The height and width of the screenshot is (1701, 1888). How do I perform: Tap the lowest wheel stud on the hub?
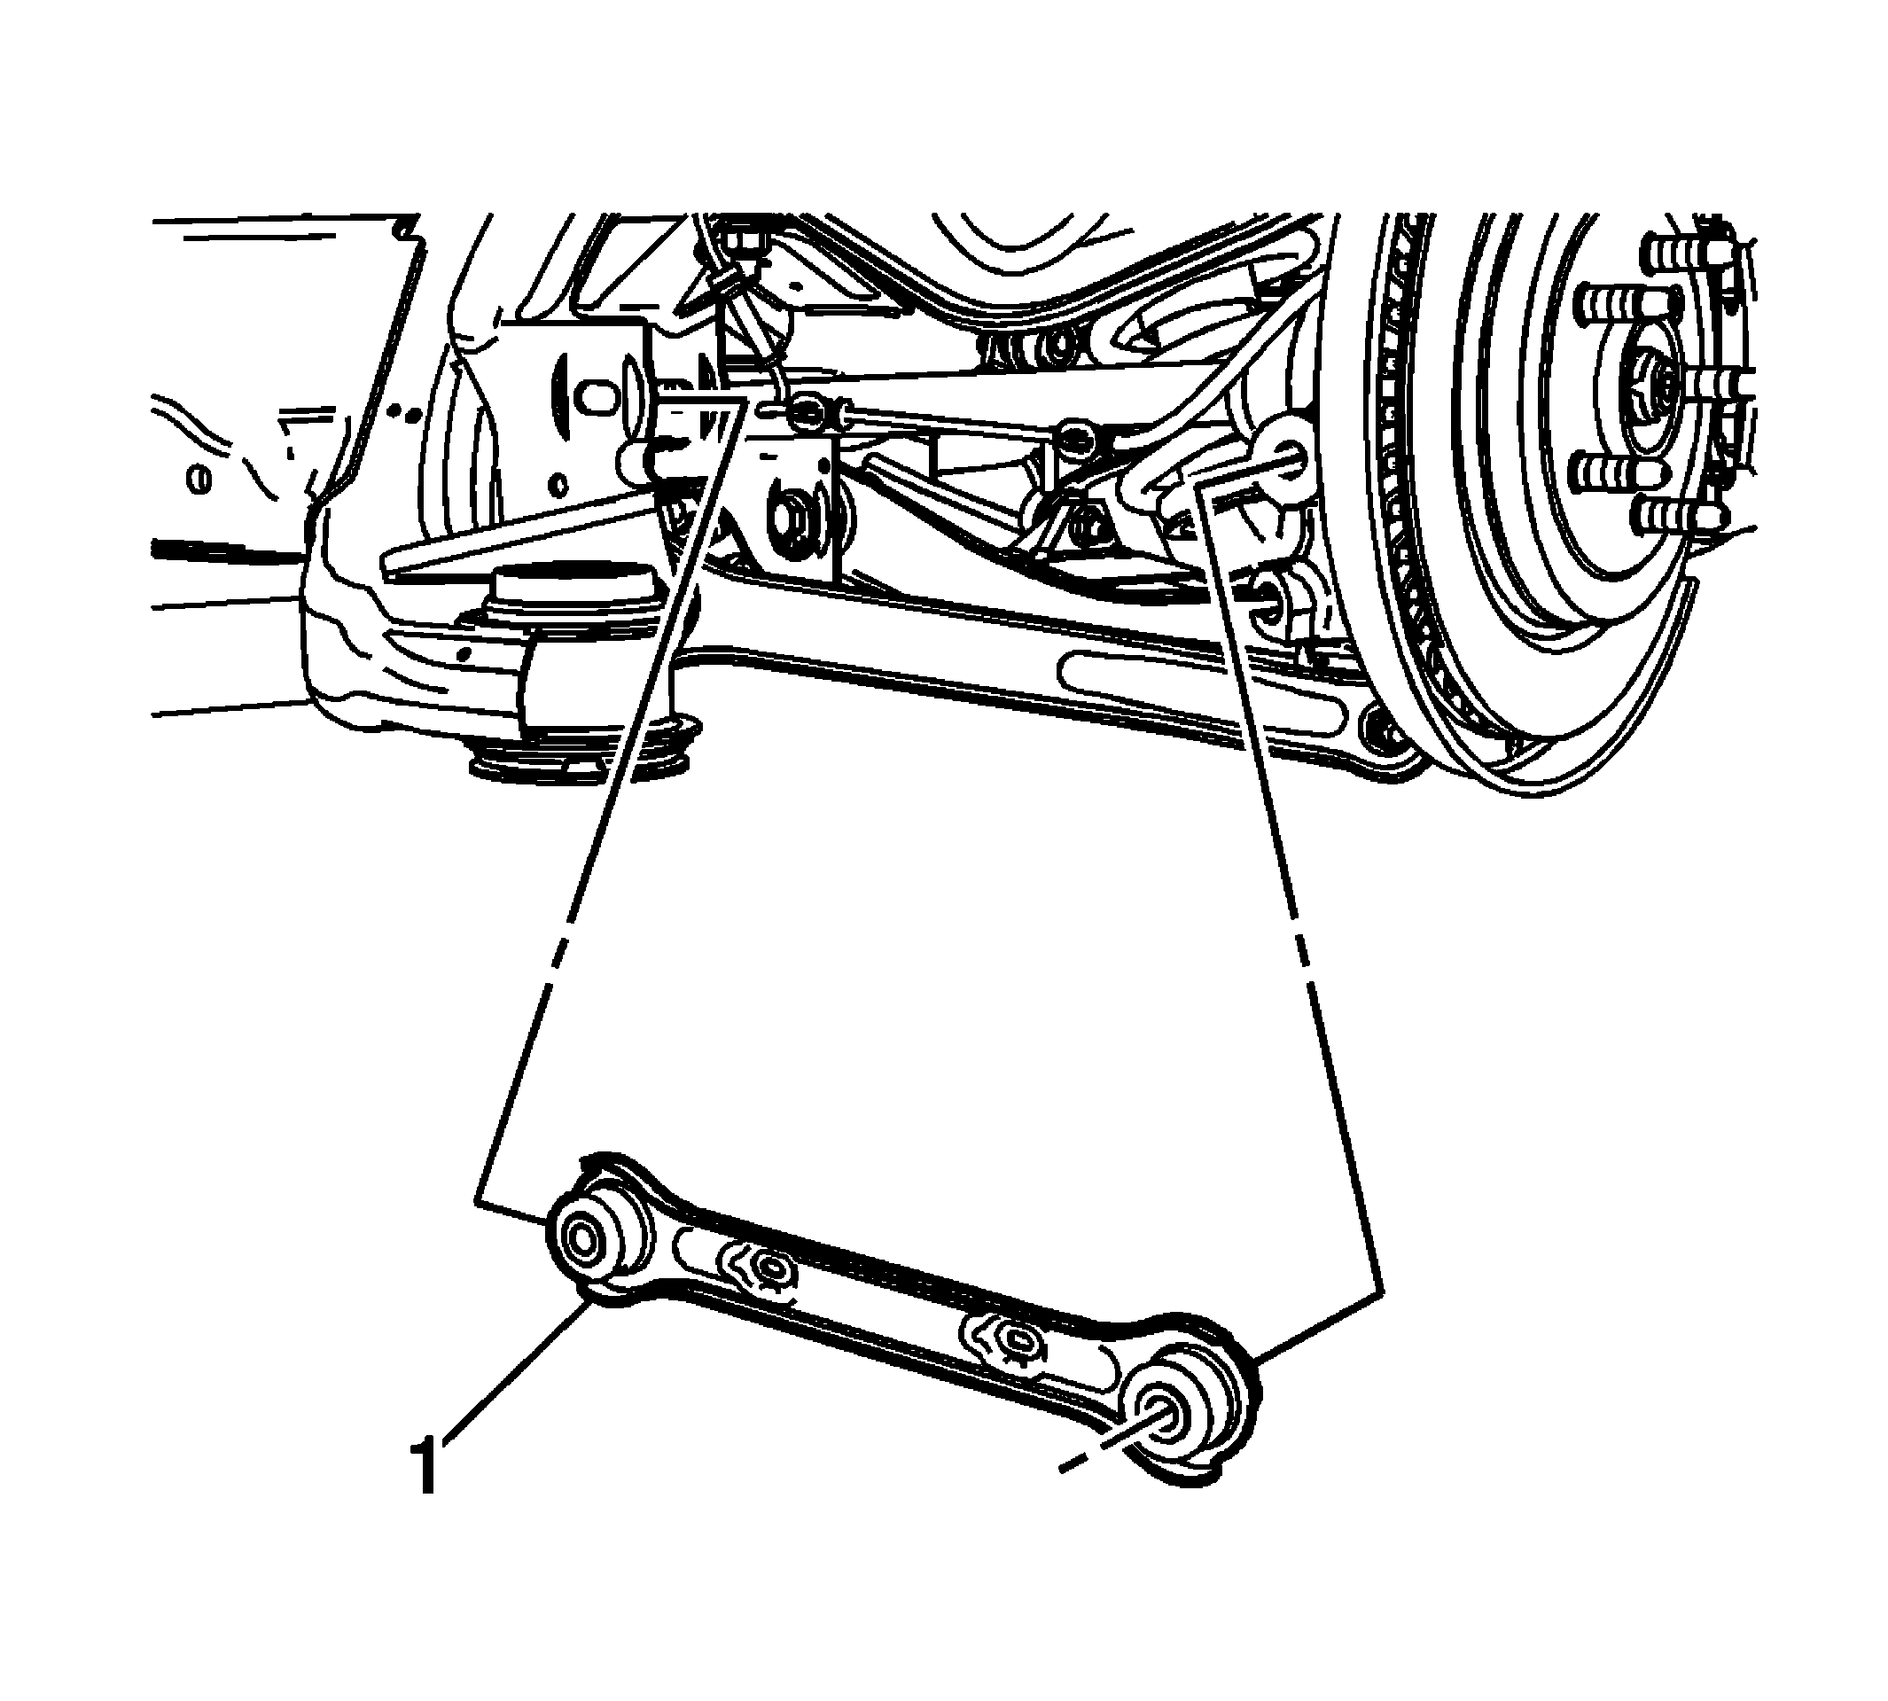tap(1678, 515)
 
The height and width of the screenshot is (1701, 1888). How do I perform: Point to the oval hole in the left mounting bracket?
tap(595, 393)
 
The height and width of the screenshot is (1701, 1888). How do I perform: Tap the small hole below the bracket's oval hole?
tap(559, 484)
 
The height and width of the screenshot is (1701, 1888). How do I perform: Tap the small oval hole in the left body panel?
tap(199, 479)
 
